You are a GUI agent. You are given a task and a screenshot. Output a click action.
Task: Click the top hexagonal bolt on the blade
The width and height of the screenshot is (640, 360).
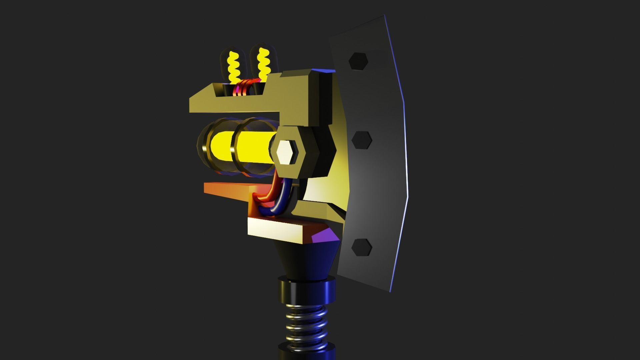click(x=358, y=61)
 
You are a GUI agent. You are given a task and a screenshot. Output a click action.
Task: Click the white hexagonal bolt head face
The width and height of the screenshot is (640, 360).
click(x=286, y=152)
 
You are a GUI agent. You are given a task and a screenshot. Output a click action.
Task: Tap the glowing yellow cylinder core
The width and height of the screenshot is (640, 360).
click(x=253, y=147)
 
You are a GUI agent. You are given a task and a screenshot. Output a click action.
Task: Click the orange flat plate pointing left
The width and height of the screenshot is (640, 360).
click(x=227, y=190)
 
